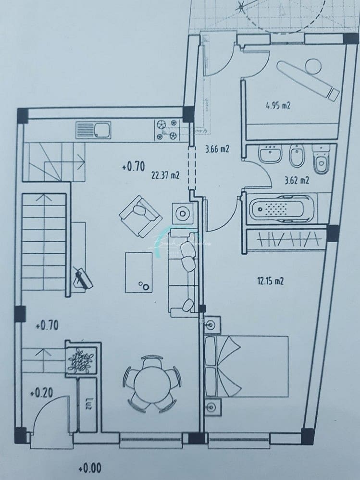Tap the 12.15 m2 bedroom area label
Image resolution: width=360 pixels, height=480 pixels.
pos(270,281)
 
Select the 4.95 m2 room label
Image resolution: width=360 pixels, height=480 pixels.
pos(278,105)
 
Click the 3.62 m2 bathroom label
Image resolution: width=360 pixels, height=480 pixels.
pos(296,181)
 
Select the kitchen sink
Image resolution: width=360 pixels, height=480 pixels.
pos(93,130)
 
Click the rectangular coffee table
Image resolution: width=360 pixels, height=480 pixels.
pos(138,272)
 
